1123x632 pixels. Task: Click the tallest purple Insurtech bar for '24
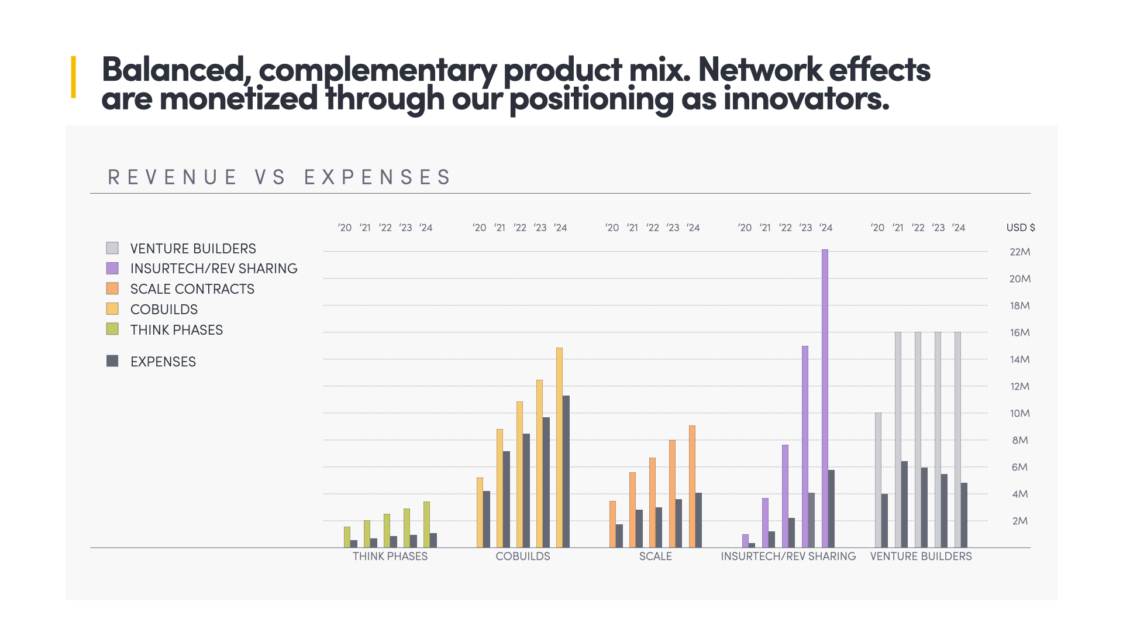[x=825, y=398]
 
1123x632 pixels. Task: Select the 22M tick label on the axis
[x=1019, y=252]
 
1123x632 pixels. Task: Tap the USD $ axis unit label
[x=1020, y=228]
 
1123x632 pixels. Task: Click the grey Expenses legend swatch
[x=112, y=361]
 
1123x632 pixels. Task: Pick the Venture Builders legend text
[x=193, y=249]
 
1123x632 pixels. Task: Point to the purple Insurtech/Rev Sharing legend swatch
[x=112, y=269]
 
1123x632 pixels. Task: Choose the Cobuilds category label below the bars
[x=522, y=557]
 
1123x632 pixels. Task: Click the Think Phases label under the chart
[x=390, y=557]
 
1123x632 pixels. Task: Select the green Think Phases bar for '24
[x=426, y=524]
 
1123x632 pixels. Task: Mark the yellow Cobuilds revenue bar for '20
[x=480, y=513]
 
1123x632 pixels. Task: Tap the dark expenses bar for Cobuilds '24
[x=566, y=472]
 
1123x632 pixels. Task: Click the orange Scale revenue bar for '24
[x=692, y=486]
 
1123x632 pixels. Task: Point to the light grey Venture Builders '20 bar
[x=878, y=480]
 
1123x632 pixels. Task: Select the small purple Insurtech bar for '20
[x=745, y=541]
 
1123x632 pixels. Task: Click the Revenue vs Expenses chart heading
[x=280, y=177]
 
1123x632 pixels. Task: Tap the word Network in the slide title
[x=760, y=70]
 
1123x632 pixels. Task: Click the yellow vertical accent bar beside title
[x=74, y=77]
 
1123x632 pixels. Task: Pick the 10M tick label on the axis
[x=1019, y=414]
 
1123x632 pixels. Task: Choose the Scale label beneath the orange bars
[x=655, y=557]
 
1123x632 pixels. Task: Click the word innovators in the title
[x=806, y=98]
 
